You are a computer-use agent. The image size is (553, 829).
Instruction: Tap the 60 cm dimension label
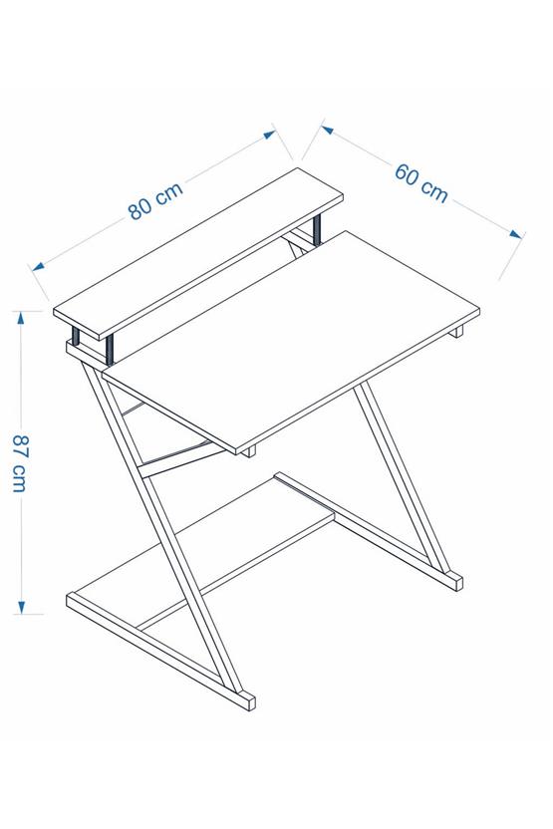pyautogui.click(x=420, y=181)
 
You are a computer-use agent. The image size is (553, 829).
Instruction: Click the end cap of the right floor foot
pyautogui.click(x=454, y=580)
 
